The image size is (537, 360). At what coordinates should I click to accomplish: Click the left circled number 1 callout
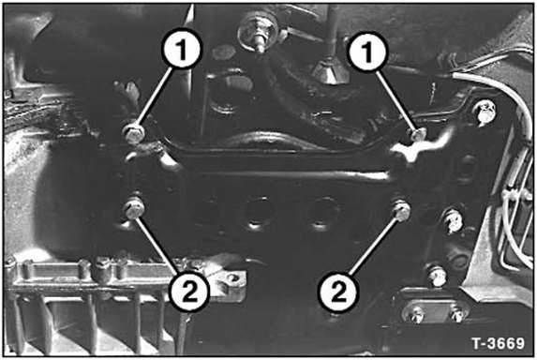(x=182, y=49)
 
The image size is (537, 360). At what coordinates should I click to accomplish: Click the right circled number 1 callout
(x=366, y=52)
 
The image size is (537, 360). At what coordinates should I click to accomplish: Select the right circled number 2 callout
(x=338, y=292)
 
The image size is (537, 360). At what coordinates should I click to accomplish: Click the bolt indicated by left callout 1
(x=133, y=133)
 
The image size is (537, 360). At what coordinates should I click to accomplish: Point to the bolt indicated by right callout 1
(x=417, y=134)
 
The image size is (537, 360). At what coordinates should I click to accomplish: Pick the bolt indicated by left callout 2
(x=134, y=207)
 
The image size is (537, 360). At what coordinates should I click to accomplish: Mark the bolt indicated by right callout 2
(x=402, y=210)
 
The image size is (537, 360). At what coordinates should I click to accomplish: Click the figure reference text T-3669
(x=498, y=342)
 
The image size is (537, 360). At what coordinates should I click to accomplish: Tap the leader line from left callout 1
(x=154, y=97)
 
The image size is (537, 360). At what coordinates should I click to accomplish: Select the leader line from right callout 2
(x=374, y=246)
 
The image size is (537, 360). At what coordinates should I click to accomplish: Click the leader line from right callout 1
(x=395, y=100)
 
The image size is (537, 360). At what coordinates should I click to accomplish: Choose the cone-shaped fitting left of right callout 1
(x=330, y=71)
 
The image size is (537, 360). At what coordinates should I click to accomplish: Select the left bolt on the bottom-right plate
(x=414, y=313)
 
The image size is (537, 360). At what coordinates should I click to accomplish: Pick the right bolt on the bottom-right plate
(x=457, y=312)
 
